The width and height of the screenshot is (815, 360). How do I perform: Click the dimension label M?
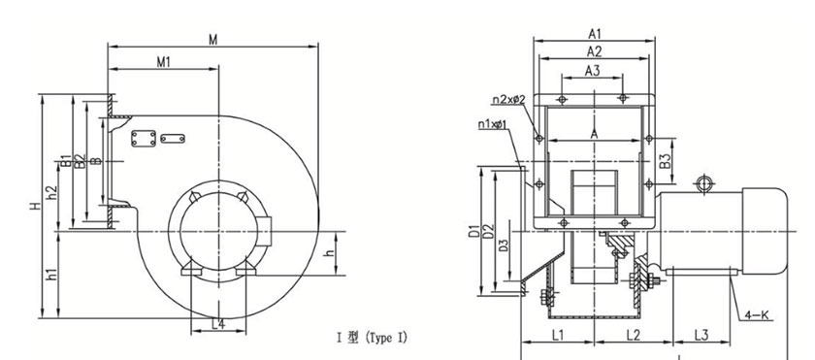coord(213,40)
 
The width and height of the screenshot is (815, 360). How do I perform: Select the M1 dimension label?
coord(164,62)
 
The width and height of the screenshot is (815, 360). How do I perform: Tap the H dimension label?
coord(35,206)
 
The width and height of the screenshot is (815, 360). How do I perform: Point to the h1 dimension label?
coord(52,275)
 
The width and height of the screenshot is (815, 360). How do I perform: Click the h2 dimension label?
coord(52,193)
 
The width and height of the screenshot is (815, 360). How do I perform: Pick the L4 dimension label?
coord(219,325)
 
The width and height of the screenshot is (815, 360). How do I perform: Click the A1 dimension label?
coord(595,34)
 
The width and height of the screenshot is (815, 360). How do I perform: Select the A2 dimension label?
coord(595,51)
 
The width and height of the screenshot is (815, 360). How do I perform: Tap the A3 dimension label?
coord(593,71)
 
